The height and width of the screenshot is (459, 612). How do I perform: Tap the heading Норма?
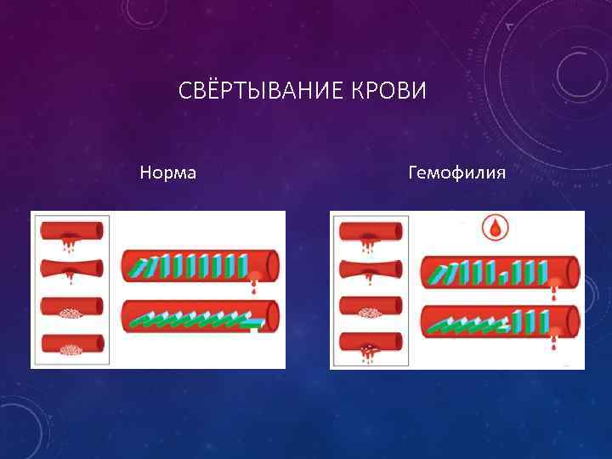(167, 173)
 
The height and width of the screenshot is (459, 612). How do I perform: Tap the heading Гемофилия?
(456, 173)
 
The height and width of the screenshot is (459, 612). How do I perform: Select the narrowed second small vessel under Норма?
(71, 269)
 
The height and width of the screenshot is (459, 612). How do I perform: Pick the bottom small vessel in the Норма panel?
(71, 347)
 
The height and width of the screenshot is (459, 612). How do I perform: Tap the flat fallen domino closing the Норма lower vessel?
(251, 323)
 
